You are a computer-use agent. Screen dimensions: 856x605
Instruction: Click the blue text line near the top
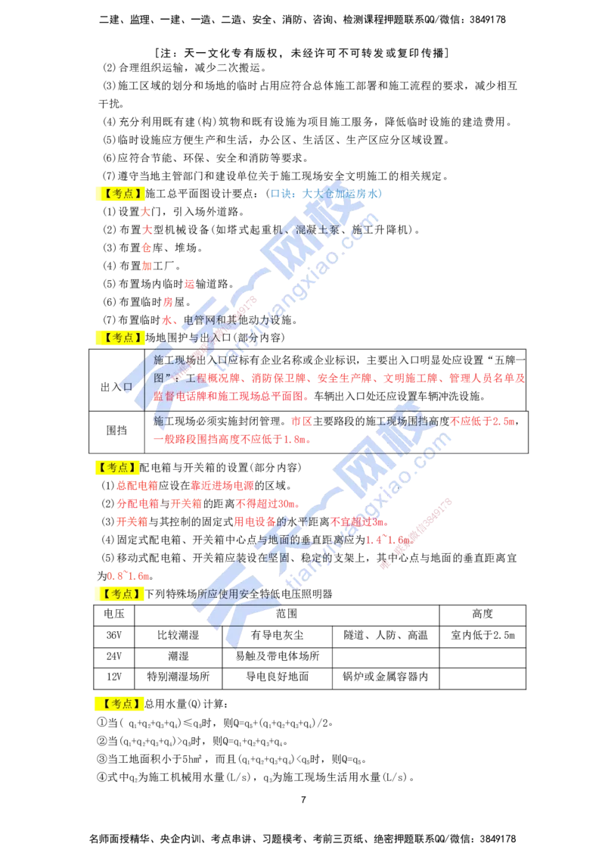pos(328,194)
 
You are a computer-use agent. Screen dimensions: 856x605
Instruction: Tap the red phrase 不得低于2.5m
pos(482,421)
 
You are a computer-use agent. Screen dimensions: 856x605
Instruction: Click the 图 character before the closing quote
pos(158,376)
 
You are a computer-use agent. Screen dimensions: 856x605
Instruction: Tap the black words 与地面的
pos(284,540)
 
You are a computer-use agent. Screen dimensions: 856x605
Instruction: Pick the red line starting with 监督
pos(231,396)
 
